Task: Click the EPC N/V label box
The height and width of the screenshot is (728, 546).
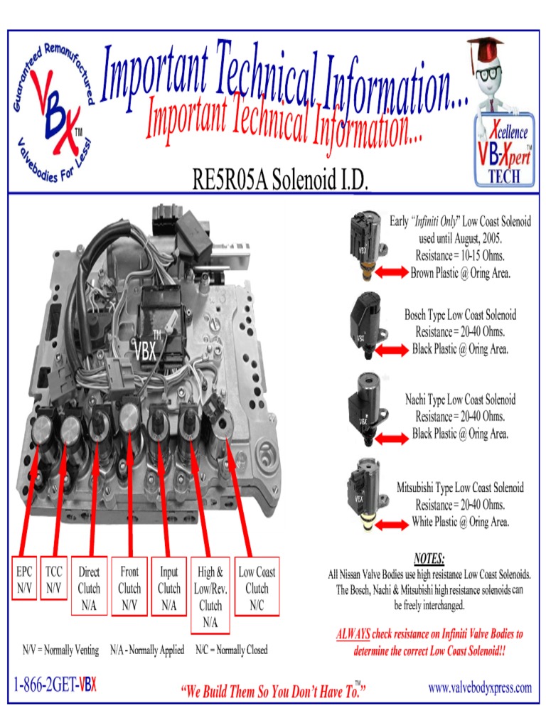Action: [24, 579]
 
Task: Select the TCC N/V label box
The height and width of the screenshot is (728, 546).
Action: [53, 579]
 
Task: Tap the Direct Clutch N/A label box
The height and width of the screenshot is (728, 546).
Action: [89, 587]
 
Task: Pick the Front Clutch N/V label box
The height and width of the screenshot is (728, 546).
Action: [129, 587]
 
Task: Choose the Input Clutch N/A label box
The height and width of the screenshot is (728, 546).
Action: [169, 587]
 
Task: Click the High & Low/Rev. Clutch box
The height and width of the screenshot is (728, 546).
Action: [210, 596]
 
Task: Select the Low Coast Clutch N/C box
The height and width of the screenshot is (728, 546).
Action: [257, 587]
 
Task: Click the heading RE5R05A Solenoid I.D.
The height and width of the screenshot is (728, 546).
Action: [281, 181]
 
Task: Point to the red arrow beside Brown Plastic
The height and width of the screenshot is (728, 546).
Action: [391, 272]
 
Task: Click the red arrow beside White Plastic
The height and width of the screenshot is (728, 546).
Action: [391, 524]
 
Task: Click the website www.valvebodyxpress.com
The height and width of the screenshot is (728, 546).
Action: [480, 687]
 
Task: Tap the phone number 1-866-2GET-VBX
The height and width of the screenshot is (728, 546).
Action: [55, 687]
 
